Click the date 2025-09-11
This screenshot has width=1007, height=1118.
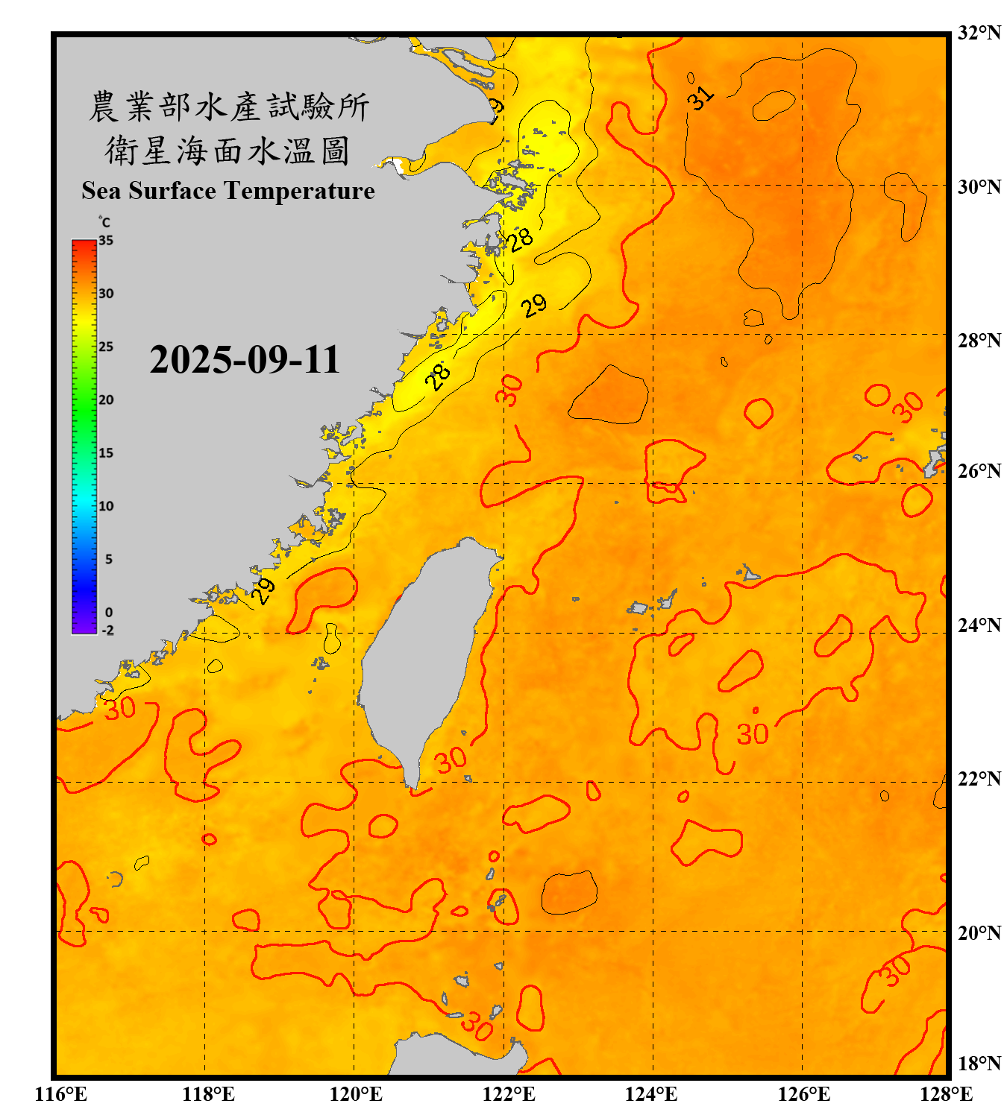245,360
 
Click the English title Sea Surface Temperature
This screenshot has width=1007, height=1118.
228,191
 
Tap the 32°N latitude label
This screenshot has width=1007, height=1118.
979,33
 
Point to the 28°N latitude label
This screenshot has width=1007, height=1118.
979,341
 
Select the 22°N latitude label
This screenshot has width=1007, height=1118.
979,779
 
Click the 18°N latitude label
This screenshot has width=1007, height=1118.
979,1064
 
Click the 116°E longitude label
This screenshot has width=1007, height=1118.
61,1094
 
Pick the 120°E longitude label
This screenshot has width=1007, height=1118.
356,1094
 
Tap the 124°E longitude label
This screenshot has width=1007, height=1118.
651,1094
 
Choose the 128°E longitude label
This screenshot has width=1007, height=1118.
946,1094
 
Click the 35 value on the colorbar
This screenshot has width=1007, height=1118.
106,241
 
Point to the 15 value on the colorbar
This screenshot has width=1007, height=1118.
106,453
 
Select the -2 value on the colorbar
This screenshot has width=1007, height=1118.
107,631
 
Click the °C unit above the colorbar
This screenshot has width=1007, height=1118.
104,222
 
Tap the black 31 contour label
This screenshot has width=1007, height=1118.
700,98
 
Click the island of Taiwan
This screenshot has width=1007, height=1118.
421,656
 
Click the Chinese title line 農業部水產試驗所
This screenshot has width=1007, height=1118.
228,107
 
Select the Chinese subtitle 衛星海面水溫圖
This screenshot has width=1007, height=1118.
227,151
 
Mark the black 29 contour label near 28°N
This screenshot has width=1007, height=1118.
533,305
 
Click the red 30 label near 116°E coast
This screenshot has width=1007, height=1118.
119,708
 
